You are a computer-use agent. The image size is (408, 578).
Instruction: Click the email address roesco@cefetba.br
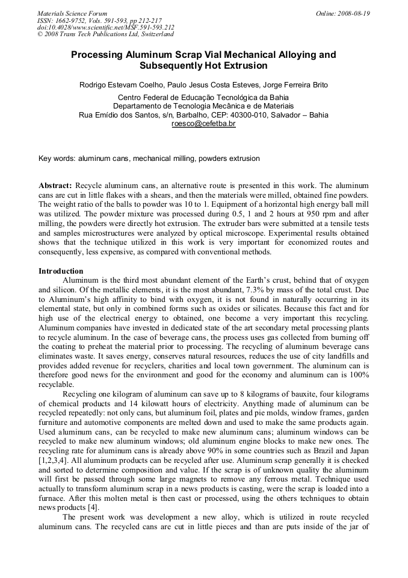(x=203, y=124)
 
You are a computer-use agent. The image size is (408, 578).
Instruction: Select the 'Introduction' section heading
(x=61, y=271)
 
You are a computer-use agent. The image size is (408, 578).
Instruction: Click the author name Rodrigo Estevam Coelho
(x=125, y=84)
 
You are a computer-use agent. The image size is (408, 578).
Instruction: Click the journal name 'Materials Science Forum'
(x=72, y=13)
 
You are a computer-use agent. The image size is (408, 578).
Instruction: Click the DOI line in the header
(x=106, y=28)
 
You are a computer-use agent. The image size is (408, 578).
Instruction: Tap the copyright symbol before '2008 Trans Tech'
(x=40, y=34)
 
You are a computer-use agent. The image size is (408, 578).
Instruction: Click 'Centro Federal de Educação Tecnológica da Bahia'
(x=203, y=97)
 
